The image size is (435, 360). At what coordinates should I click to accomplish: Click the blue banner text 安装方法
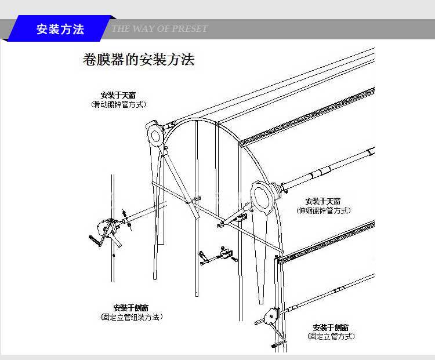60,30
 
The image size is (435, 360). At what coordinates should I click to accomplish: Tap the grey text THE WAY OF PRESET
159,29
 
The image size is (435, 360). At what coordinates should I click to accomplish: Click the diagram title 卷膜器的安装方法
139,60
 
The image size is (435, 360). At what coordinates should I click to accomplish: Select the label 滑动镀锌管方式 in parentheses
118,105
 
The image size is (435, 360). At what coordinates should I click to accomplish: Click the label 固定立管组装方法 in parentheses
131,317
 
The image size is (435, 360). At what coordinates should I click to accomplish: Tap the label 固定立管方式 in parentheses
331,336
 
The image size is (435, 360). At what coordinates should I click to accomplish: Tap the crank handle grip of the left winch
93,240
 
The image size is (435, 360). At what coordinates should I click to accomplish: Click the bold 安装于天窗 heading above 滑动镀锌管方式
118,95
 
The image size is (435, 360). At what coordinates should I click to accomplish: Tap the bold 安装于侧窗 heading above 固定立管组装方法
131,308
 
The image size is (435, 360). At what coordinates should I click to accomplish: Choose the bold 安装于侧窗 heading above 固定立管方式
331,327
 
